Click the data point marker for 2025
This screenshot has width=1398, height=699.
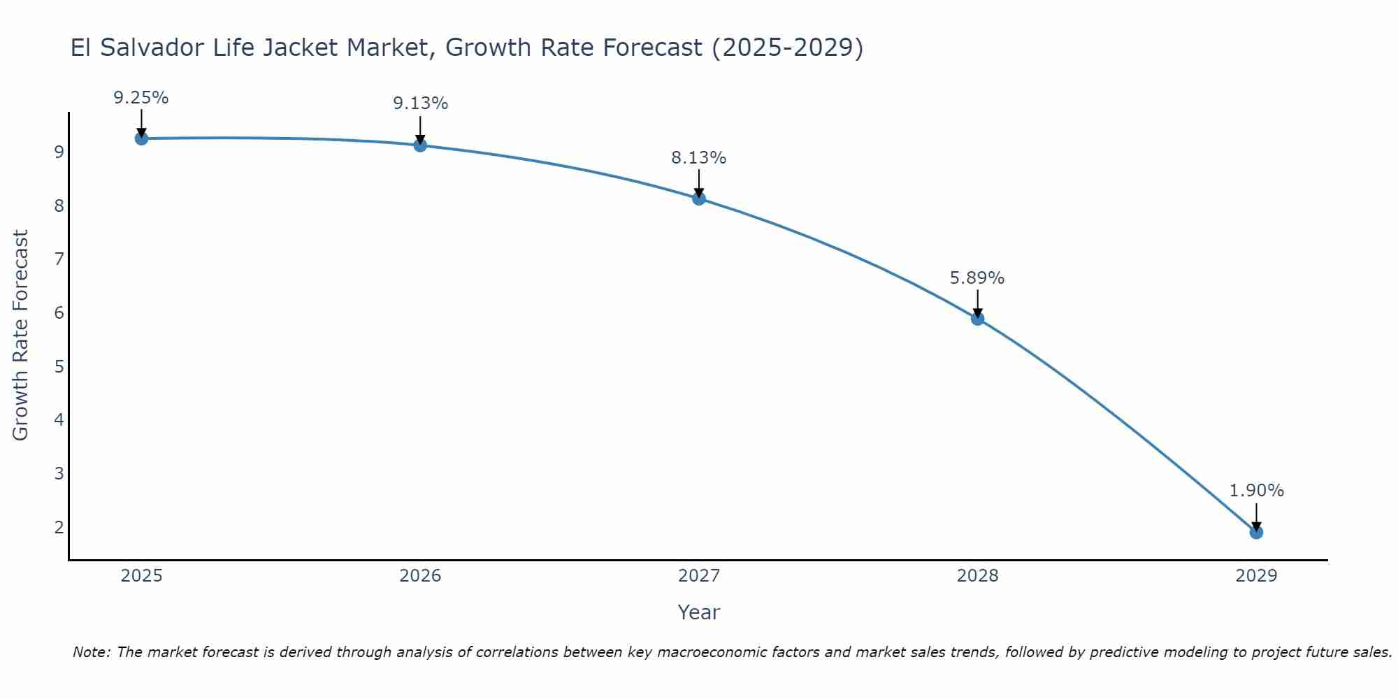(x=141, y=138)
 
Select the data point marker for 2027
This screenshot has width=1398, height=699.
(x=699, y=199)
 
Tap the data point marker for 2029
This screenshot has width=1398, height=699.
(x=1256, y=533)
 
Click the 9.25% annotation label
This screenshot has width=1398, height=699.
(x=141, y=98)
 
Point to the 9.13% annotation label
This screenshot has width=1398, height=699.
(x=420, y=103)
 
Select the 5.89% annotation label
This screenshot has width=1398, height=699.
(x=977, y=278)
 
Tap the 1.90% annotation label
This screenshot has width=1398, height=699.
(x=1256, y=491)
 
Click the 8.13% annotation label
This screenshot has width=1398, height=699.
(x=699, y=158)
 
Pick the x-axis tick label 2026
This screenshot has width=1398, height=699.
(x=420, y=576)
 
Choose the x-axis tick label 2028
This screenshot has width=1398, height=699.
(x=977, y=576)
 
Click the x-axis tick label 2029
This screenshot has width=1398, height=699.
(x=1256, y=576)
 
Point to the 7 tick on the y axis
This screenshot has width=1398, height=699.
(x=59, y=259)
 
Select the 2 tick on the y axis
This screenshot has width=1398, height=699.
(x=59, y=527)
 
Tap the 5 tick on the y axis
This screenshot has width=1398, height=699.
(x=59, y=366)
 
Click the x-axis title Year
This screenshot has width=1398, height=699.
(x=699, y=612)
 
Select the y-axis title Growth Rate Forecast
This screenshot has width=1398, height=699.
(x=21, y=336)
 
